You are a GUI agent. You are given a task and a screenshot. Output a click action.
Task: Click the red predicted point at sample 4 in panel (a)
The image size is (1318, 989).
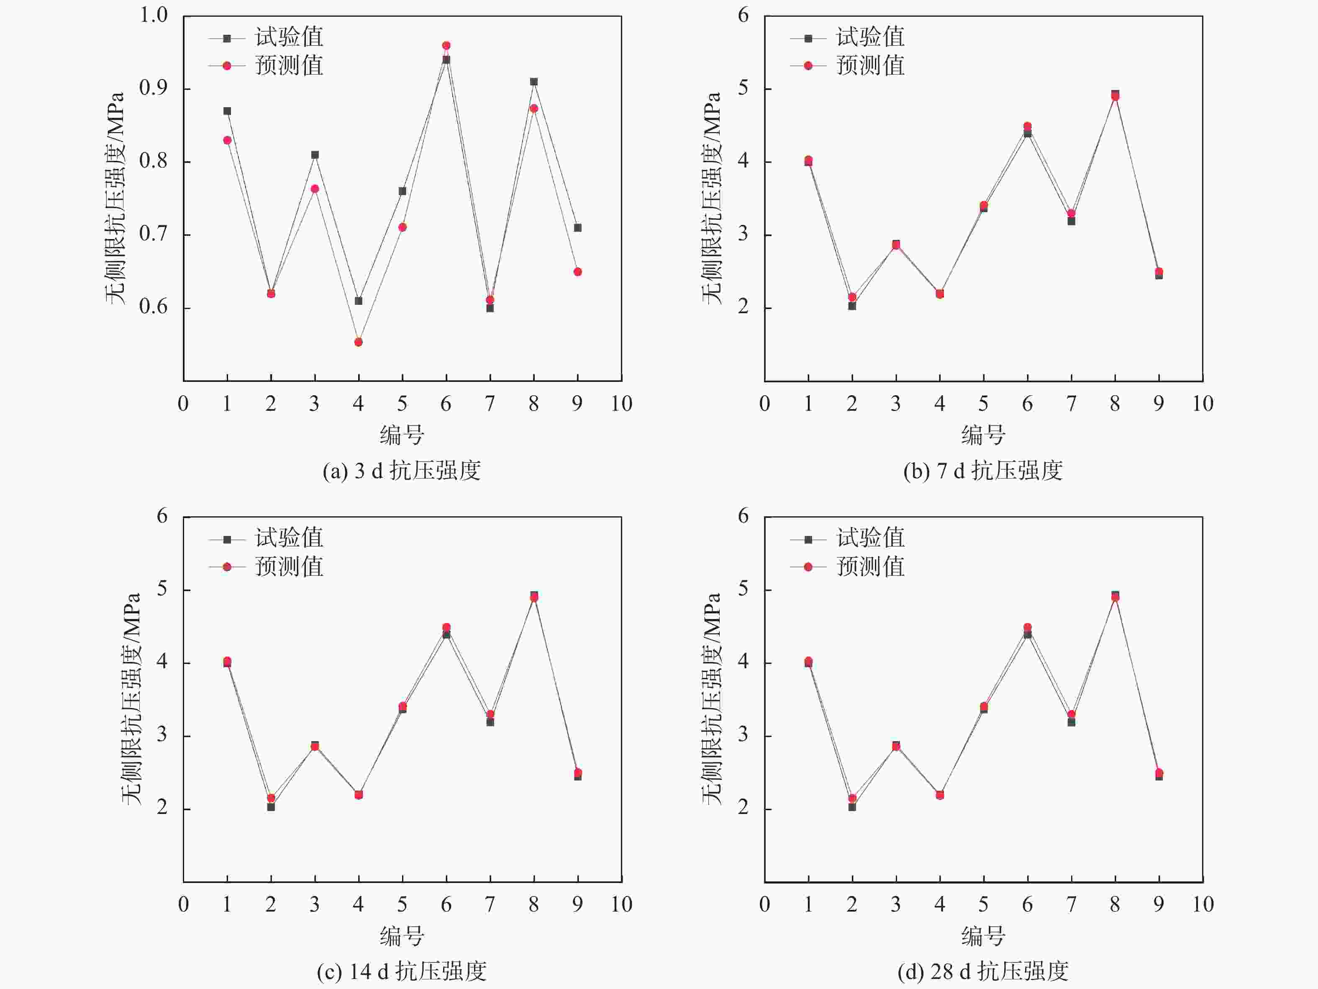358,342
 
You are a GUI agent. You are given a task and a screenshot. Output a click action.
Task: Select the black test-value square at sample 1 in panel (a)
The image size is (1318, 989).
227,111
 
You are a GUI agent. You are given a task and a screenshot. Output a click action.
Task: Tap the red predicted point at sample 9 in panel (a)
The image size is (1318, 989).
577,272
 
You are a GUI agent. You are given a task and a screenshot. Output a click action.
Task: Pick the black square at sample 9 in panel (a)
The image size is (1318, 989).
577,228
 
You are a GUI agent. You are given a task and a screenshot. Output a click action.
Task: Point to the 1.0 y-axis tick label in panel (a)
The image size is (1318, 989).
153,15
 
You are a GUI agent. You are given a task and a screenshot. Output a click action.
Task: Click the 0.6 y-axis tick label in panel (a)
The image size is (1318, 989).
153,308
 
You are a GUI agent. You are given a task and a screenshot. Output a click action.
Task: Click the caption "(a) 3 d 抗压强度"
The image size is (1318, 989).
402,471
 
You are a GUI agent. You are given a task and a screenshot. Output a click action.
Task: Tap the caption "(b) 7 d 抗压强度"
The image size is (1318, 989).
983,471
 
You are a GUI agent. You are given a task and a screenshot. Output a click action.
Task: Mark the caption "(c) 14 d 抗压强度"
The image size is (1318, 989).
402,972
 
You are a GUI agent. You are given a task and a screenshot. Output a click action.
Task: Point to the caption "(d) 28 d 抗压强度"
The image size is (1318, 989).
983,972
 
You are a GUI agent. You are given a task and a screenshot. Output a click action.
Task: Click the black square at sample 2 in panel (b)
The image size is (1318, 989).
852,306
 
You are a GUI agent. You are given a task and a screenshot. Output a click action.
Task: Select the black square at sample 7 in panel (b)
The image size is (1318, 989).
1071,221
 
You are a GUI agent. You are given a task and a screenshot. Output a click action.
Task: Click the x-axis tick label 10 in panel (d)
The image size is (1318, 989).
1203,904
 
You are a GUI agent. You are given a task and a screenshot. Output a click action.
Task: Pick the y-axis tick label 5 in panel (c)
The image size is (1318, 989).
162,590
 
